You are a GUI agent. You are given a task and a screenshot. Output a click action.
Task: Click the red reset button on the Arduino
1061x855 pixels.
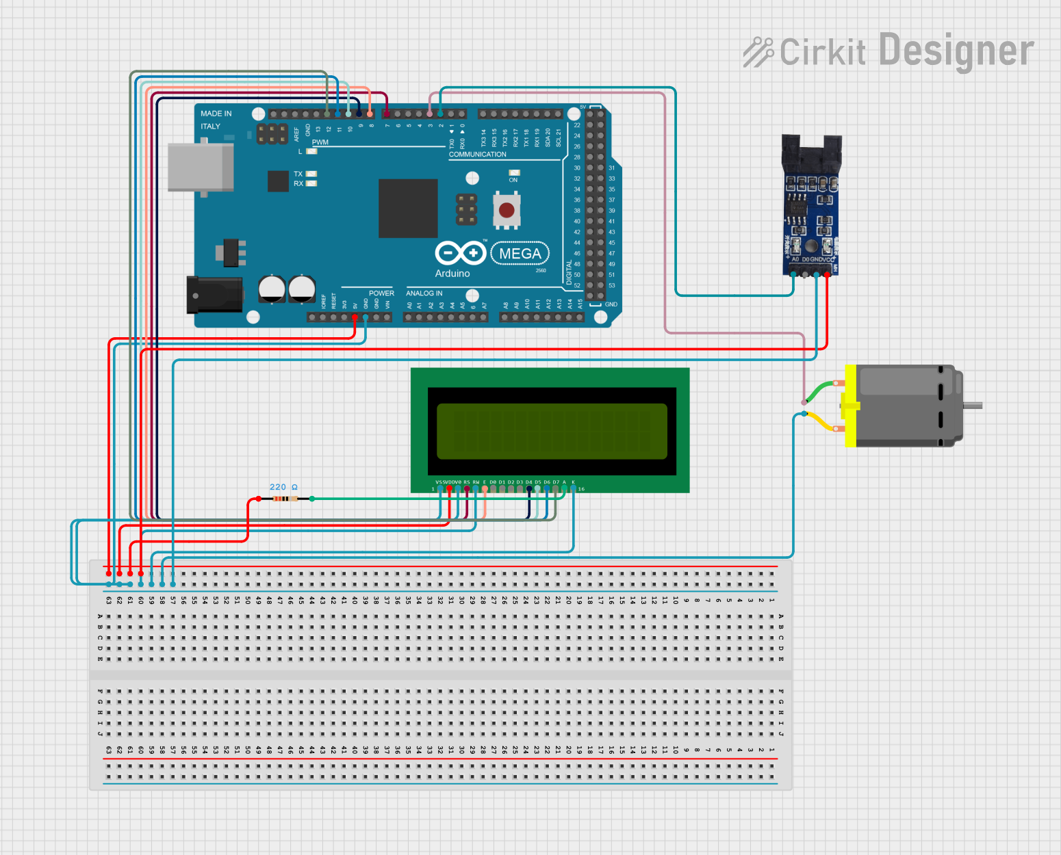coord(507,210)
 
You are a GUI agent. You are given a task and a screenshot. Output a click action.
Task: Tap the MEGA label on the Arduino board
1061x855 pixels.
coord(520,254)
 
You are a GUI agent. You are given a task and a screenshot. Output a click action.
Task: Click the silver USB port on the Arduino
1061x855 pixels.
coord(201,167)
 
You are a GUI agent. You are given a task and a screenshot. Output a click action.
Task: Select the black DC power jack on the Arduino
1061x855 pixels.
coord(214,295)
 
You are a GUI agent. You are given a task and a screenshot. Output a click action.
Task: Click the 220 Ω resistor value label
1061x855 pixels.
coord(283,487)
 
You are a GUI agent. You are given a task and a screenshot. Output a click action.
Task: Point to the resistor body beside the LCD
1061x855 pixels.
coord(285,499)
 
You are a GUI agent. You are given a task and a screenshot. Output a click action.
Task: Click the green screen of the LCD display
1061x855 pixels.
coord(552,431)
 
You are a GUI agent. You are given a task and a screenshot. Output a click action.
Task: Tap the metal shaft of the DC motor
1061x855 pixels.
coord(973,406)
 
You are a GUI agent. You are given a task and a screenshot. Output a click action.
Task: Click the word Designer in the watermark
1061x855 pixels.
coord(956,51)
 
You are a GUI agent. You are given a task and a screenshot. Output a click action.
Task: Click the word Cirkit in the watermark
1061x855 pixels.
coord(822,52)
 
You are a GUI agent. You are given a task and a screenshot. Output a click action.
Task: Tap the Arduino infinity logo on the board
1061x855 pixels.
coord(460,253)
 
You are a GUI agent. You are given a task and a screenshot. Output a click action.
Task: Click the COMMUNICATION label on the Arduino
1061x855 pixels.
coord(477,155)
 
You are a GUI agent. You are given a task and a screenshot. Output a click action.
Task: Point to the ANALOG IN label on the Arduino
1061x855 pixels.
coord(424,293)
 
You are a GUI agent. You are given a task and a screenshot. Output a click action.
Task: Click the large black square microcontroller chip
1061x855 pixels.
coord(408,208)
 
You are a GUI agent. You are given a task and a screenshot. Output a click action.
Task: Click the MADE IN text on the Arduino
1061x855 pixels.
coord(216,114)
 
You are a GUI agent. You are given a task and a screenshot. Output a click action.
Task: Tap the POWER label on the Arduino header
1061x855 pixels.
coord(381,293)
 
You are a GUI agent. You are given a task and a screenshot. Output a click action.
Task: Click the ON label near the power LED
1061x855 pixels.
coord(513,180)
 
